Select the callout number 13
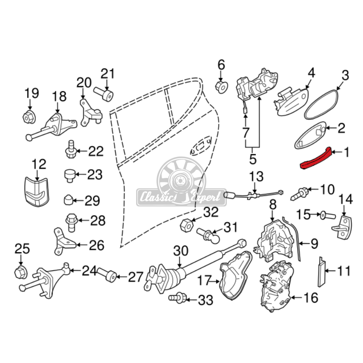tap(256, 177)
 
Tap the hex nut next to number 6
tap(221, 86)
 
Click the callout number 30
tap(180, 250)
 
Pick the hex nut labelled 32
tap(186, 224)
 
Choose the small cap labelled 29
tap(69, 199)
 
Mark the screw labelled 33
tap(177, 298)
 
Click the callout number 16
tap(311, 298)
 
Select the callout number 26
tap(96, 245)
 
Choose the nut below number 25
tap(21, 272)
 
